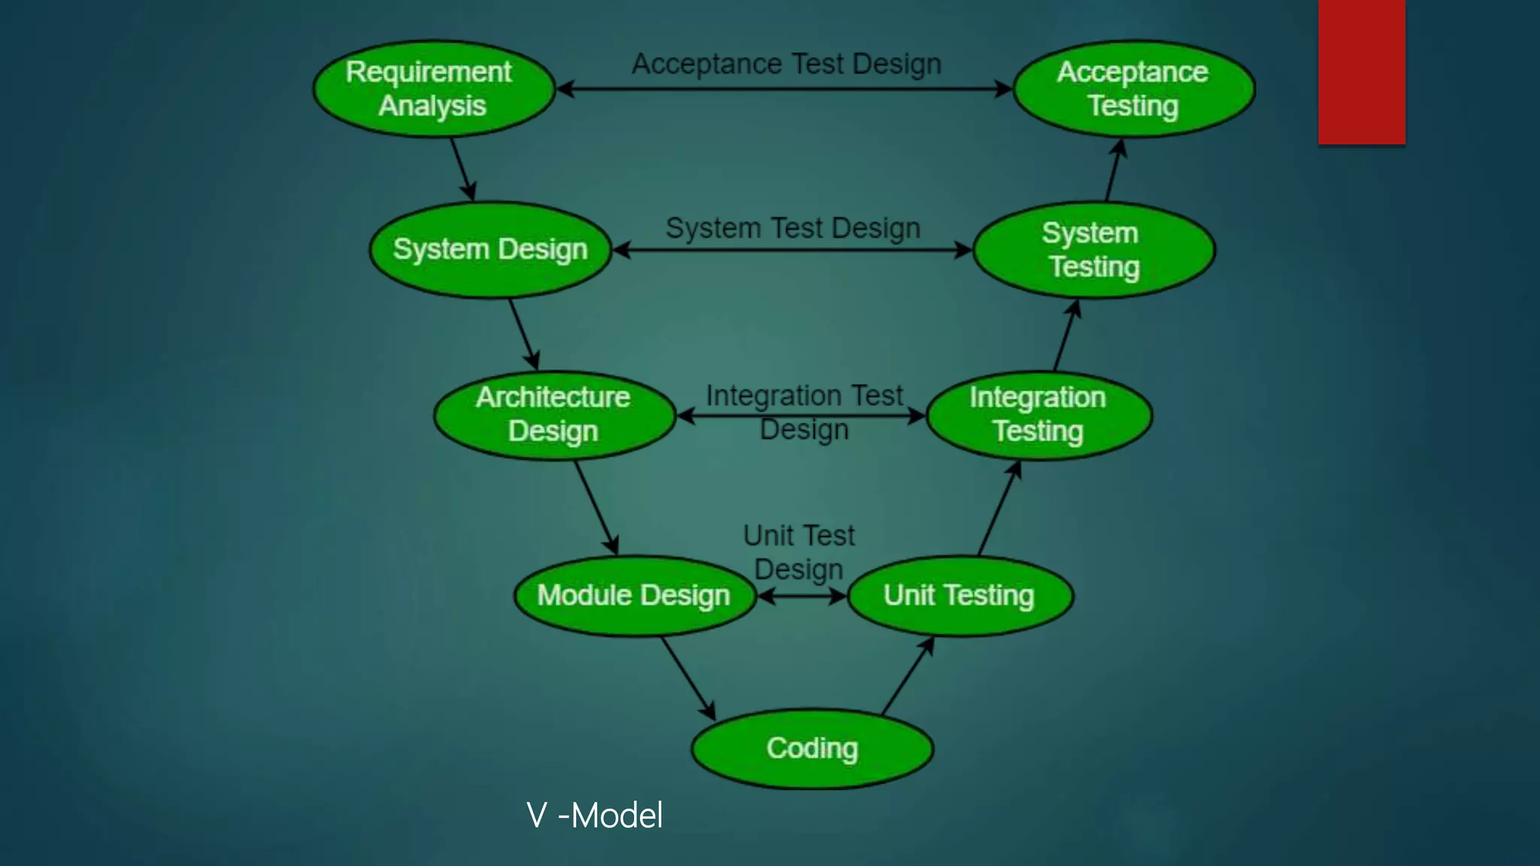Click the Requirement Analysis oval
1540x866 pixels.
[x=434, y=89]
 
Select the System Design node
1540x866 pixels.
[x=490, y=250]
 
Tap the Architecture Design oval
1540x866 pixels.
[x=554, y=415]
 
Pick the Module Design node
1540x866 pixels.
[x=634, y=595]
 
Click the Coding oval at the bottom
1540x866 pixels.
[x=812, y=749]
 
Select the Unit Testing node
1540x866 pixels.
[x=959, y=595]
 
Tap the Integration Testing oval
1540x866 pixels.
[x=1038, y=415]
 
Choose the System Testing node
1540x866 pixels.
[x=1093, y=250]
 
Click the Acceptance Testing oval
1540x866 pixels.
[x=1133, y=89]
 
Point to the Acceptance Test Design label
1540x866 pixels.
[x=787, y=65]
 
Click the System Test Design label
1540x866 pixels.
[x=793, y=229]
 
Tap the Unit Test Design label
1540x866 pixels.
[x=799, y=553]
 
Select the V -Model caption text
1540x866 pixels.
[x=594, y=816]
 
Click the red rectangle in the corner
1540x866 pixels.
[x=1361, y=71]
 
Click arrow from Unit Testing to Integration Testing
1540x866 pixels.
[x=999, y=509]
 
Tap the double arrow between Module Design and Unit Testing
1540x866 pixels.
[x=802, y=597]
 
